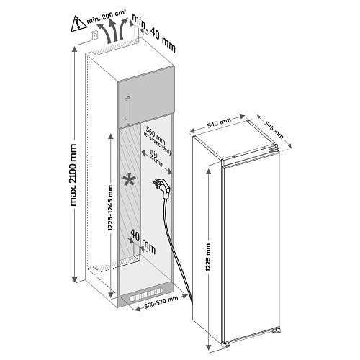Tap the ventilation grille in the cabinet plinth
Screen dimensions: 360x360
149,297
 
